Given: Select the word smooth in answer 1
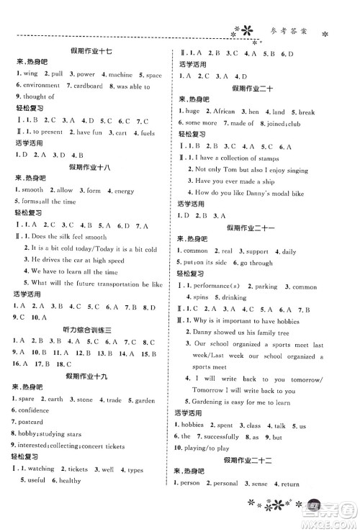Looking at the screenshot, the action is [32, 190].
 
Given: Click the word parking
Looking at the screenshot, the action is [264, 287].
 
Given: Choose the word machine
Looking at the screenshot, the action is [117, 74].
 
